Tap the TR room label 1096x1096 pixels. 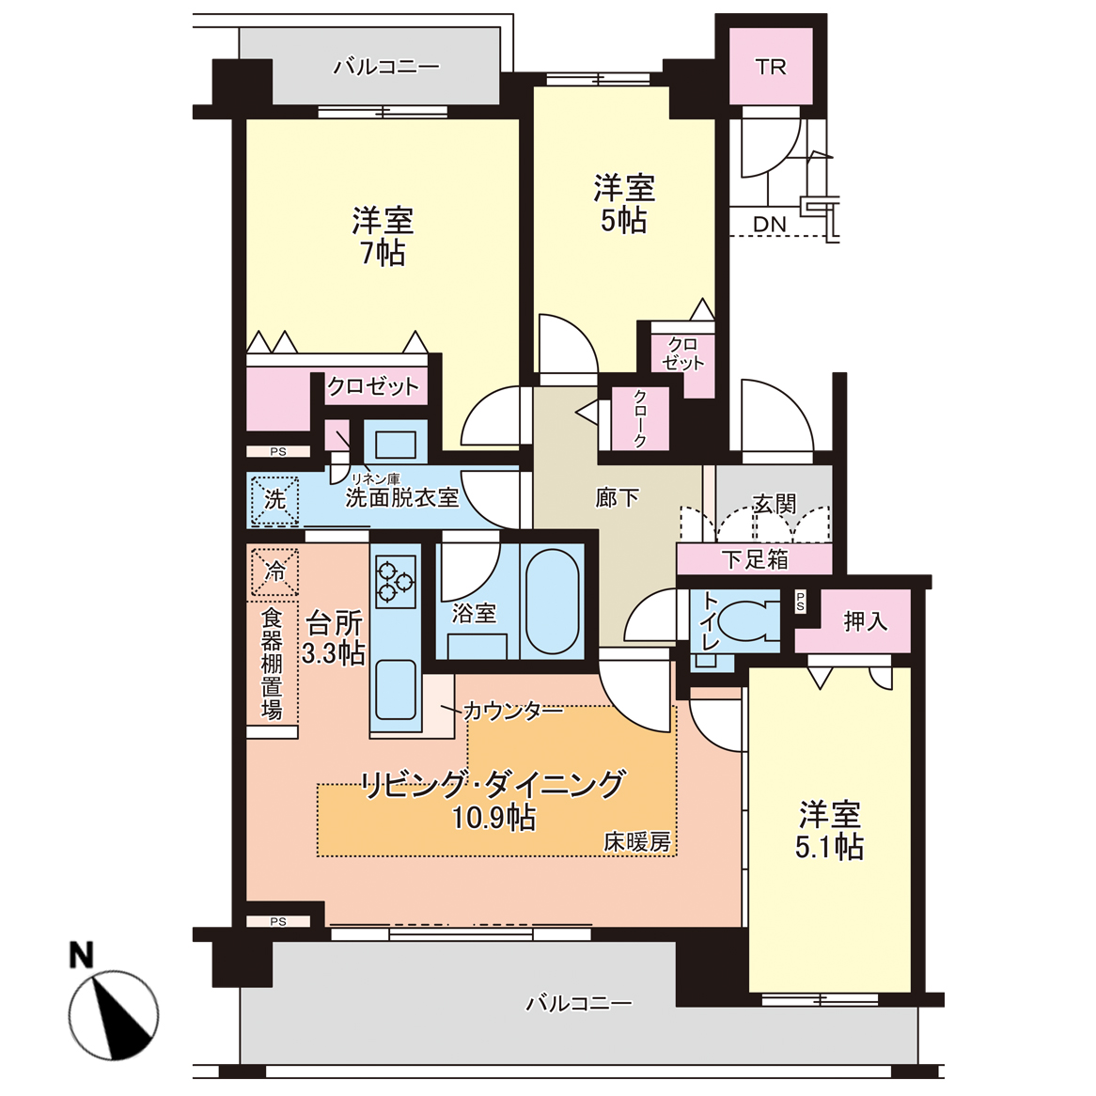[x=771, y=67]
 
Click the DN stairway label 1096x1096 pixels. [x=770, y=225]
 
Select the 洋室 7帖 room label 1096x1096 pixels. [x=384, y=236]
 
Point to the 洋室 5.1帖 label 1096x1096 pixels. [x=830, y=830]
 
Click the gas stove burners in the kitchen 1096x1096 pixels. [x=396, y=582]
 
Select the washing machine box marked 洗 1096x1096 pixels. [x=274, y=500]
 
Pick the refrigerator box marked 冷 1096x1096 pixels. [x=274, y=571]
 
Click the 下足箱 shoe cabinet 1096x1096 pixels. [x=755, y=559]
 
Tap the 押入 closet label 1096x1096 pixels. [x=866, y=621]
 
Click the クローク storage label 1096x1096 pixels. [x=640, y=418]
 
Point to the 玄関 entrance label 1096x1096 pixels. [x=775, y=503]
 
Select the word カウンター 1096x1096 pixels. [x=512, y=712]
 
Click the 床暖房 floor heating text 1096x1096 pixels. [x=637, y=842]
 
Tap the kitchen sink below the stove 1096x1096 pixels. [x=396, y=689]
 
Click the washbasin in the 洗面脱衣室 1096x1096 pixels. [x=396, y=446]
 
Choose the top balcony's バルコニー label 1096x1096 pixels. [x=386, y=67]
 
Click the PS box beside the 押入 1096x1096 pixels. [x=800, y=602]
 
